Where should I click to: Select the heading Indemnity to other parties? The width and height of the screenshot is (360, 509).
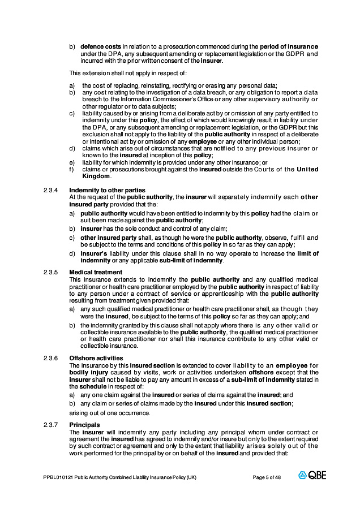point(107,189)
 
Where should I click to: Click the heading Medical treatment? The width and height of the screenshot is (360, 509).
point(95,273)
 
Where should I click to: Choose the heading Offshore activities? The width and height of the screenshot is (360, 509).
point(96,358)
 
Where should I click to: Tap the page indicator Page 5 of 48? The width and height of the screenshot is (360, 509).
point(267,477)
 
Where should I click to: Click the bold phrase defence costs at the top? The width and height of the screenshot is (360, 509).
point(100,46)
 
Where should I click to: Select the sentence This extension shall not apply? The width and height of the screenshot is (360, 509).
point(128,73)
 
